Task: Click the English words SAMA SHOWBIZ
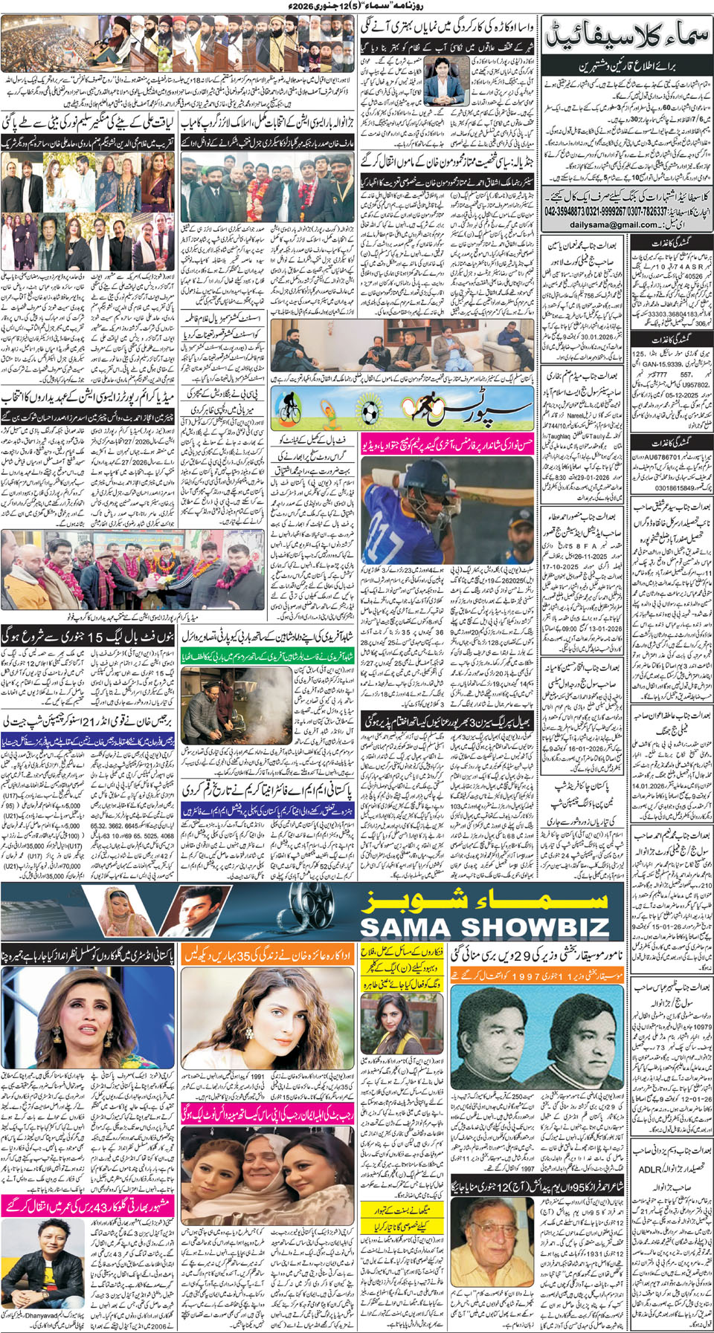pos(484,927)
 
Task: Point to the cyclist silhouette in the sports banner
pos(286,408)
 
